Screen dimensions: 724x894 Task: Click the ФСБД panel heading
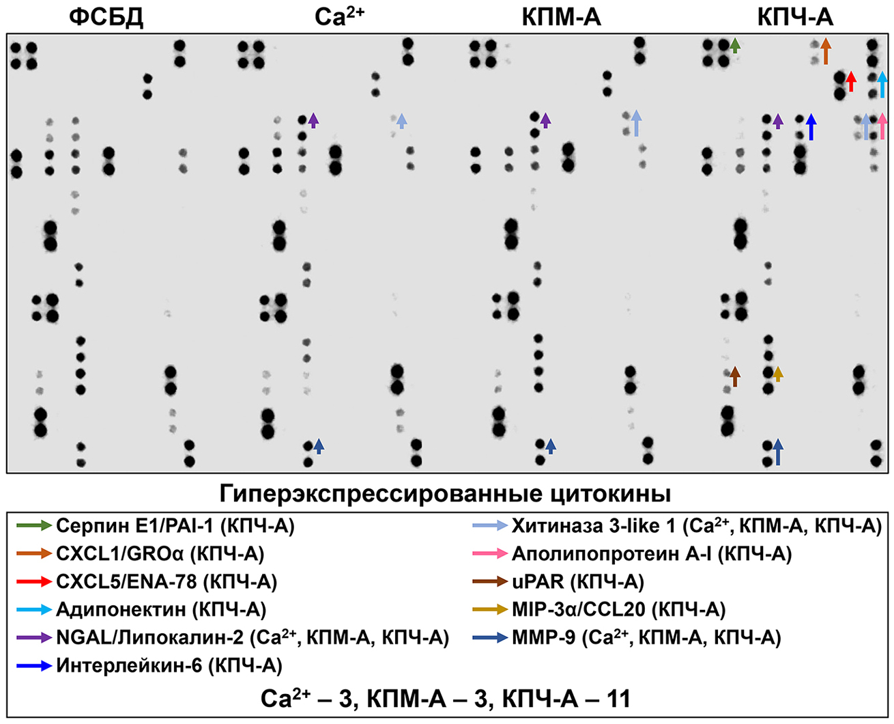click(106, 17)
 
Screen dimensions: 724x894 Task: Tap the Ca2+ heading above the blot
click(339, 17)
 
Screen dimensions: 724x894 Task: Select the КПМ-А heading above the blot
click(561, 17)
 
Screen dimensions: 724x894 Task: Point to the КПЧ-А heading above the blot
click(796, 17)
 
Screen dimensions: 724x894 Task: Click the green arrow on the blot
click(734, 46)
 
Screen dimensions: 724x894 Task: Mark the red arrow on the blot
click(850, 81)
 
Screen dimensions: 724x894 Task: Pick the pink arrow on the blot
click(882, 126)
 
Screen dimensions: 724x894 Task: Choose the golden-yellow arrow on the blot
click(777, 373)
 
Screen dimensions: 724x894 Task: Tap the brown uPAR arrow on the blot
click(734, 376)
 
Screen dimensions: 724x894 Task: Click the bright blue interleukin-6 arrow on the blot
click(811, 127)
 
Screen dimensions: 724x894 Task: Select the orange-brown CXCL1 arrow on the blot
click(825, 51)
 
